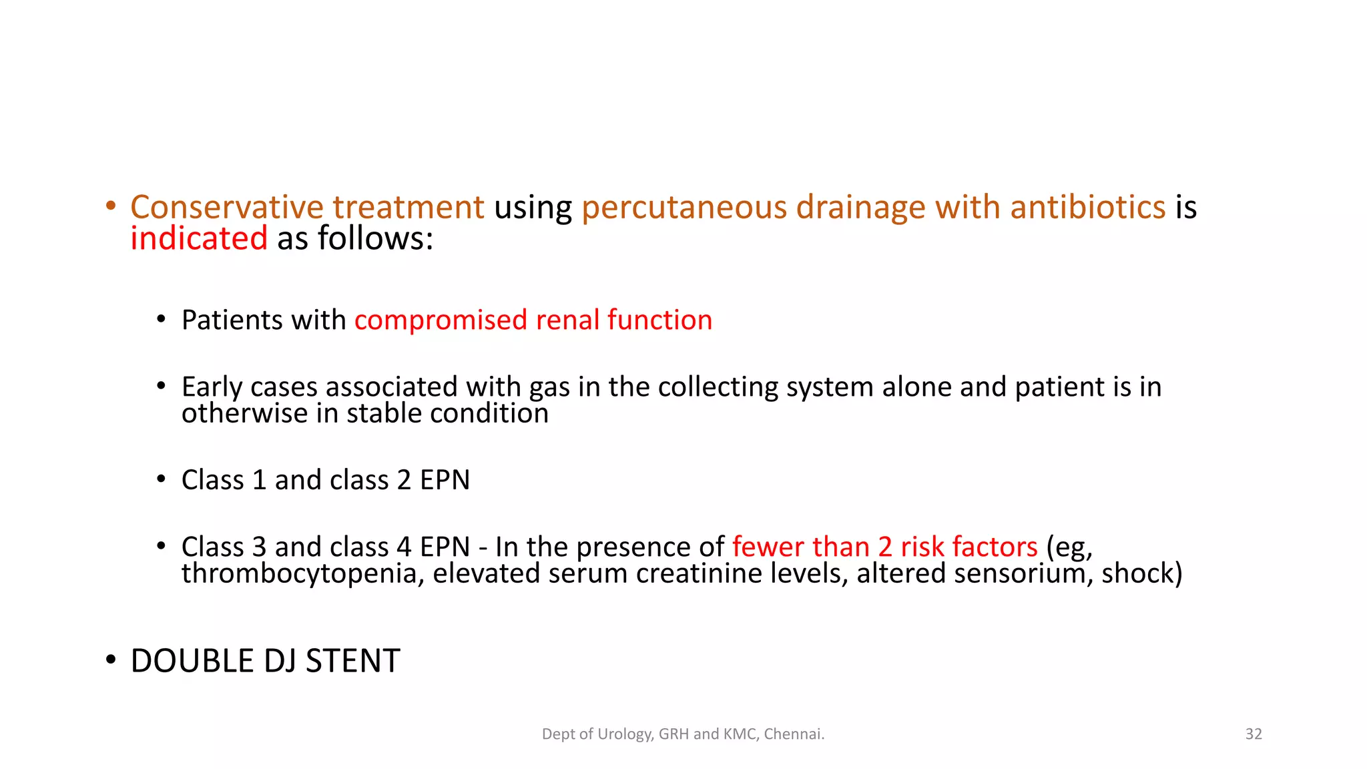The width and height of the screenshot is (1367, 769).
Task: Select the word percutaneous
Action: (x=684, y=208)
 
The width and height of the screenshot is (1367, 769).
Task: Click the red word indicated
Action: (x=199, y=239)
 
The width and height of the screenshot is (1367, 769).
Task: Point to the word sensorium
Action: (x=1022, y=574)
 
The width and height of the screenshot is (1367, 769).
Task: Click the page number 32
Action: (x=1254, y=734)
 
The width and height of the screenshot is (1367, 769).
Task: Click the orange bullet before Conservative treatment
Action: (x=111, y=206)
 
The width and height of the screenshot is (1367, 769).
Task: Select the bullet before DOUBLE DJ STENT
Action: (x=111, y=661)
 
